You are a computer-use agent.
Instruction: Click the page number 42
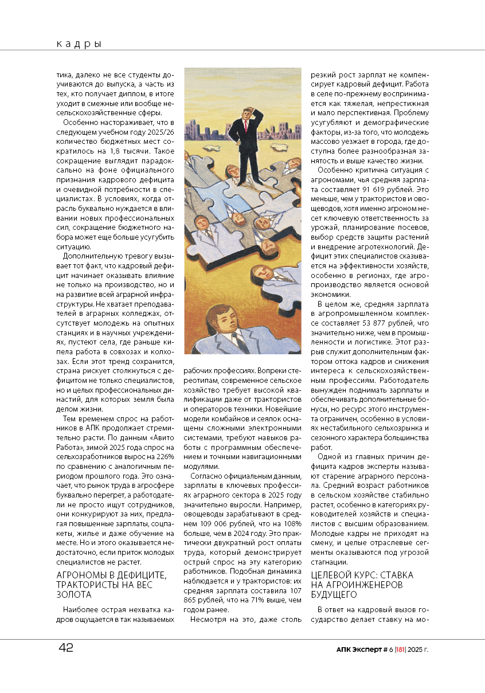[66, 648]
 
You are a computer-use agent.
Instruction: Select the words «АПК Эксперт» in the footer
[358, 649]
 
